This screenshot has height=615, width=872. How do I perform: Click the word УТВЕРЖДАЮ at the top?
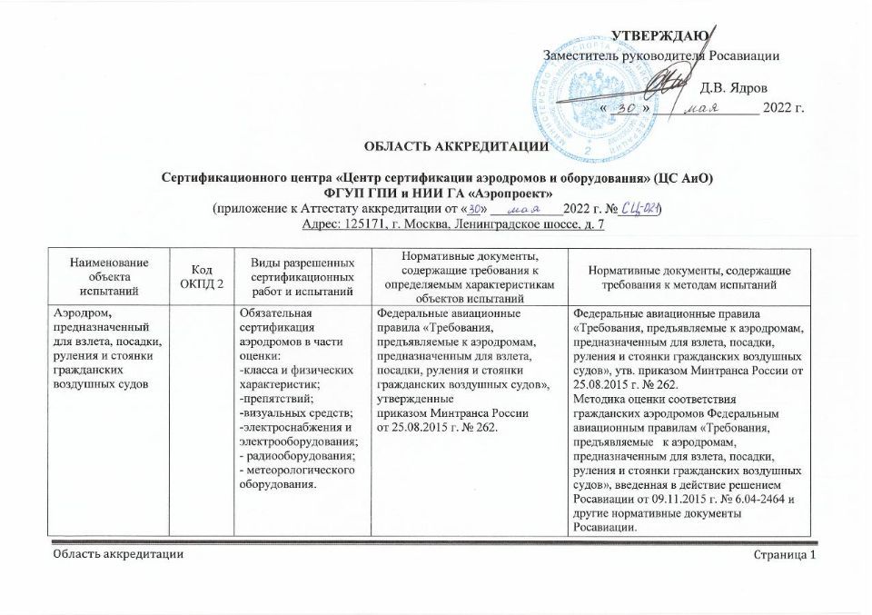(659, 35)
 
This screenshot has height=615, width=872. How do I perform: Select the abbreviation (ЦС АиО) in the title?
(682, 178)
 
